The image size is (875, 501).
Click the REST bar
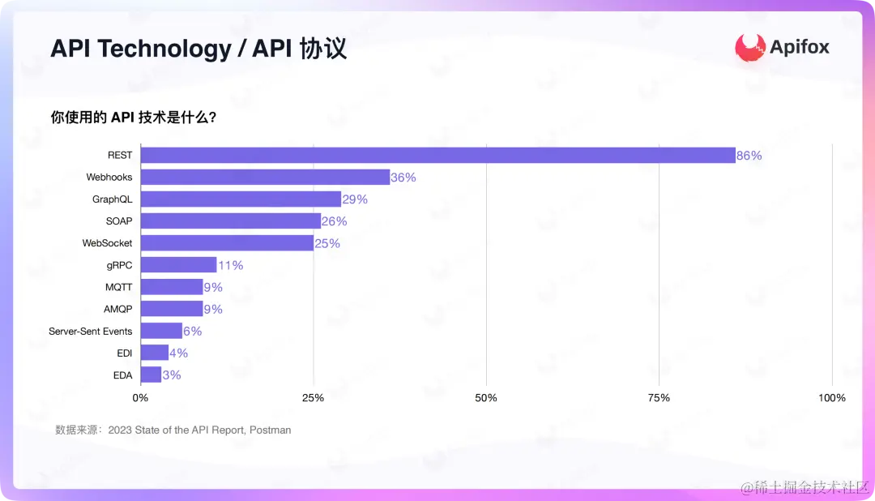click(x=437, y=155)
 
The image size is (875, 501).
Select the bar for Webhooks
click(x=265, y=177)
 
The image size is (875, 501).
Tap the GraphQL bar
click(x=241, y=199)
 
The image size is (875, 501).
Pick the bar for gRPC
click(x=178, y=265)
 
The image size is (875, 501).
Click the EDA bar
click(x=151, y=375)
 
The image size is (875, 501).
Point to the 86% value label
click(x=749, y=156)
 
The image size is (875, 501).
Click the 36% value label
click(x=403, y=178)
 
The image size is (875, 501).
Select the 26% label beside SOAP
click(x=334, y=221)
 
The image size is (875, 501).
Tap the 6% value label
click(x=192, y=331)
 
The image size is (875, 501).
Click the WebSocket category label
click(x=107, y=243)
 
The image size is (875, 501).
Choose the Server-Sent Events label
click(x=90, y=332)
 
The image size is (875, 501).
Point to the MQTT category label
click(x=118, y=287)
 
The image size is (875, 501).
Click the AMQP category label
click(x=117, y=309)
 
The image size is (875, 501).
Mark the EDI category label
click(x=124, y=353)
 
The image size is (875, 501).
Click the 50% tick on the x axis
click(x=486, y=398)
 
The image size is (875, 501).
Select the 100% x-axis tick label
click(x=832, y=398)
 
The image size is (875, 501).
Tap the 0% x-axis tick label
click(x=140, y=398)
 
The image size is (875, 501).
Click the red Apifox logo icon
click(x=750, y=47)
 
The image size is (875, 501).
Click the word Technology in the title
click(x=165, y=49)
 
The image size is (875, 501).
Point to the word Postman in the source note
click(x=270, y=430)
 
